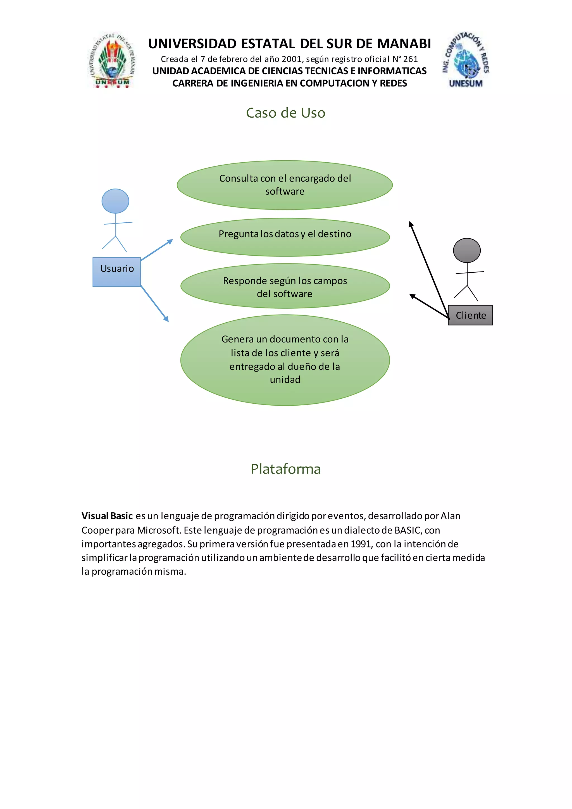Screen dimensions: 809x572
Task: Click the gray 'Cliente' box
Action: pos(470,315)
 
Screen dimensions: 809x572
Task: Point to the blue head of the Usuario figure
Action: pos(115,201)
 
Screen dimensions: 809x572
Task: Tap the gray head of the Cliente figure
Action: pos(467,251)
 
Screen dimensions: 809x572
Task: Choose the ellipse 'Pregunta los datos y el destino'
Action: pos(285,237)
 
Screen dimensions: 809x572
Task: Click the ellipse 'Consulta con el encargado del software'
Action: pos(285,185)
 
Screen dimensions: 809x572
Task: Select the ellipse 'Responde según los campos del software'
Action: pos(285,286)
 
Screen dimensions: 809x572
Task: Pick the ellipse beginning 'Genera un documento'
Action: pos(285,360)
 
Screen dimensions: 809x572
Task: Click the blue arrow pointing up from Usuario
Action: pos(157,249)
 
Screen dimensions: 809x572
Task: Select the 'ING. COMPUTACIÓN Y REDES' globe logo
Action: pos(466,60)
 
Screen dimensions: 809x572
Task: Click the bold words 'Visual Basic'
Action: pos(107,516)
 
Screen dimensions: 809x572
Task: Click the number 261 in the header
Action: pos(410,59)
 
